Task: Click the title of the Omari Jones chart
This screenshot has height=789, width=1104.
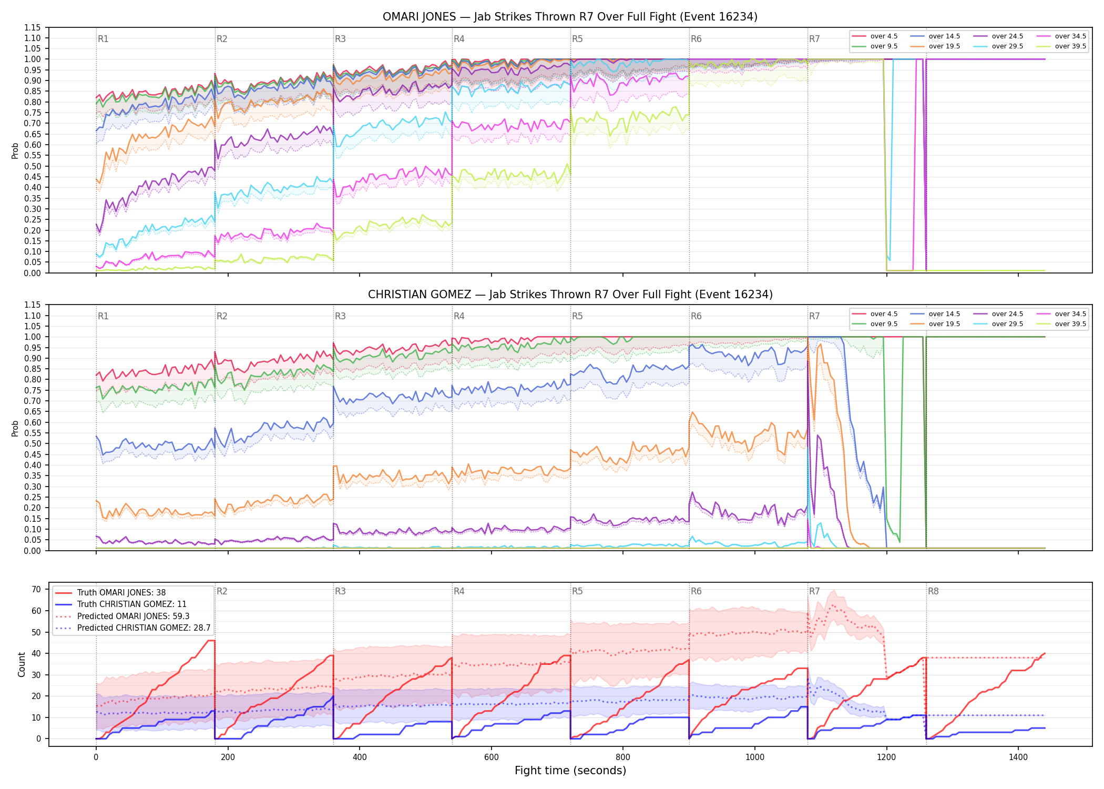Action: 570,17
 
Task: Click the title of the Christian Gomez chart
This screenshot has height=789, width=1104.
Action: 570,295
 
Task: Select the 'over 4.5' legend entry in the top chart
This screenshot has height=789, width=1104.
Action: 875,36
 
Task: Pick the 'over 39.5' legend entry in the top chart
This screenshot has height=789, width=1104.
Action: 1061,46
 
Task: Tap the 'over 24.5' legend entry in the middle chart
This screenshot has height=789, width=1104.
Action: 998,314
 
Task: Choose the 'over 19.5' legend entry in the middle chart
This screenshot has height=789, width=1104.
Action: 935,324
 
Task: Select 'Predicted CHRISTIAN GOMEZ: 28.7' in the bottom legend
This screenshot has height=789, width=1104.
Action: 133,628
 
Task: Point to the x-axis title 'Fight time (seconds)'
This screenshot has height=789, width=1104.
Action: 570,771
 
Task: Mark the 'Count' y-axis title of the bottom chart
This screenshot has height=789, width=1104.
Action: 22,664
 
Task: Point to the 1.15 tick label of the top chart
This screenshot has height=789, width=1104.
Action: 32,27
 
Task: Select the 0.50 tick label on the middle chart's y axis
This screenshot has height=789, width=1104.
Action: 32,444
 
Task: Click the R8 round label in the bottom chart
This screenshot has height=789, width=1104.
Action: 933,591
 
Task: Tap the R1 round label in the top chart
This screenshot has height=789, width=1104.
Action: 103,39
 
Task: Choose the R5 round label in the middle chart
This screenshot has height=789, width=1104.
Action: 577,316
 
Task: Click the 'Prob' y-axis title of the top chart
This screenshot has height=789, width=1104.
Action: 15,151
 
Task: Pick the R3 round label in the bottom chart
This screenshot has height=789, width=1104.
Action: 340,591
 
